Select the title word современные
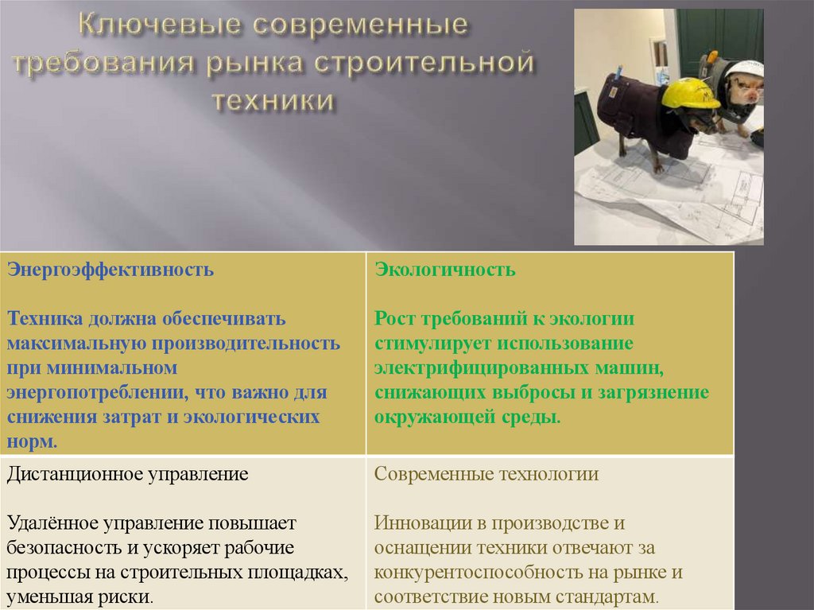361,26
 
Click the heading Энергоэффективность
110,269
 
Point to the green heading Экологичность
445,269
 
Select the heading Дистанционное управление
128,475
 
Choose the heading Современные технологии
486,475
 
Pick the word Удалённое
53,523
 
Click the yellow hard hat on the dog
690,94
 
